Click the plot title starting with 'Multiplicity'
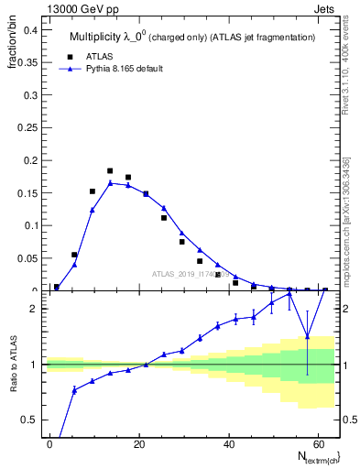[192, 37]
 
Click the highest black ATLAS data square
[110, 171]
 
